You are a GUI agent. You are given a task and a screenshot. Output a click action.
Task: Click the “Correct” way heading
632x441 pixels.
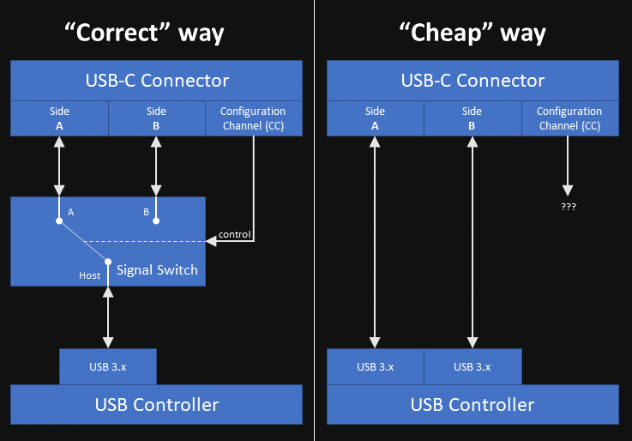(145, 33)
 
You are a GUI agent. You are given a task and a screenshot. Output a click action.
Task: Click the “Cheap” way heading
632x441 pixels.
(472, 33)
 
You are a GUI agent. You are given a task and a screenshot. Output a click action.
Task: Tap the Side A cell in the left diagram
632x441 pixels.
(59, 118)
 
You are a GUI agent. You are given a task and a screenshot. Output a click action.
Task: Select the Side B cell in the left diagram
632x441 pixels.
(156, 118)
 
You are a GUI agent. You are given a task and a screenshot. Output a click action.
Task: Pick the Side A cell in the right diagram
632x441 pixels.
(375, 118)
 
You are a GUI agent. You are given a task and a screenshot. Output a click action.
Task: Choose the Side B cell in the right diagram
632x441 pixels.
(472, 118)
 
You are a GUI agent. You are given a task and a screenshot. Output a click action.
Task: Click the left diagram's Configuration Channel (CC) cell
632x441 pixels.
(253, 118)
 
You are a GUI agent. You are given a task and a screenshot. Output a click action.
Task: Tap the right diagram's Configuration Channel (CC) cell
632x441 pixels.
(569, 118)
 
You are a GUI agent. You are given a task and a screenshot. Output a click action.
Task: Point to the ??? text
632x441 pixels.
(569, 208)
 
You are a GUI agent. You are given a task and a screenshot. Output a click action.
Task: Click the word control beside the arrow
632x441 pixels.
(235, 234)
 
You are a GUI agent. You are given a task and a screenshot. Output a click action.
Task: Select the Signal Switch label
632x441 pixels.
(157, 269)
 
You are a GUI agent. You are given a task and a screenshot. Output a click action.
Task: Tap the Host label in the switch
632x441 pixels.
(90, 275)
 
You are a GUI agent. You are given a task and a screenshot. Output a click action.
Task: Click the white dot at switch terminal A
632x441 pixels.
(59, 221)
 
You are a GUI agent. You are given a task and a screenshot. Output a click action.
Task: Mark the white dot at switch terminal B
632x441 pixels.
(156, 221)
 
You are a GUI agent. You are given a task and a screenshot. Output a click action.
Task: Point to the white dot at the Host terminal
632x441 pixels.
(108, 261)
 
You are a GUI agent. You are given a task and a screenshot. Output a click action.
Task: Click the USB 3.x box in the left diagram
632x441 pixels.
(108, 366)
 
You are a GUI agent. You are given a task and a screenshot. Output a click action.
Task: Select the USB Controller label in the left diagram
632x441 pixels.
(156, 405)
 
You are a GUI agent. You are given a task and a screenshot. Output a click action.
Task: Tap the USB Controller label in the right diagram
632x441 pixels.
(472, 405)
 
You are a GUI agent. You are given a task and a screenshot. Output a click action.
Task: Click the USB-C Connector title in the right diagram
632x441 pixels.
(472, 81)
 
